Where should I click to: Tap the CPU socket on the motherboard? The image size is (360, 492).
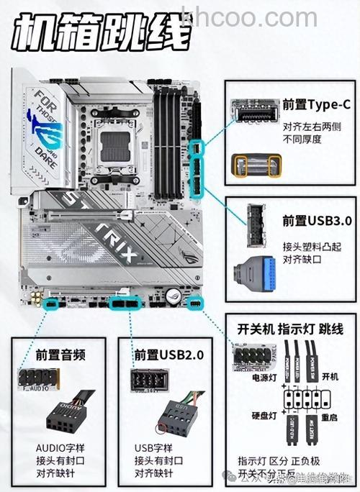pos(115,143)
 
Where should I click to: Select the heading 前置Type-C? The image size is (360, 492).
pos(316,104)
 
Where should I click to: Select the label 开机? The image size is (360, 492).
pos(330,376)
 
